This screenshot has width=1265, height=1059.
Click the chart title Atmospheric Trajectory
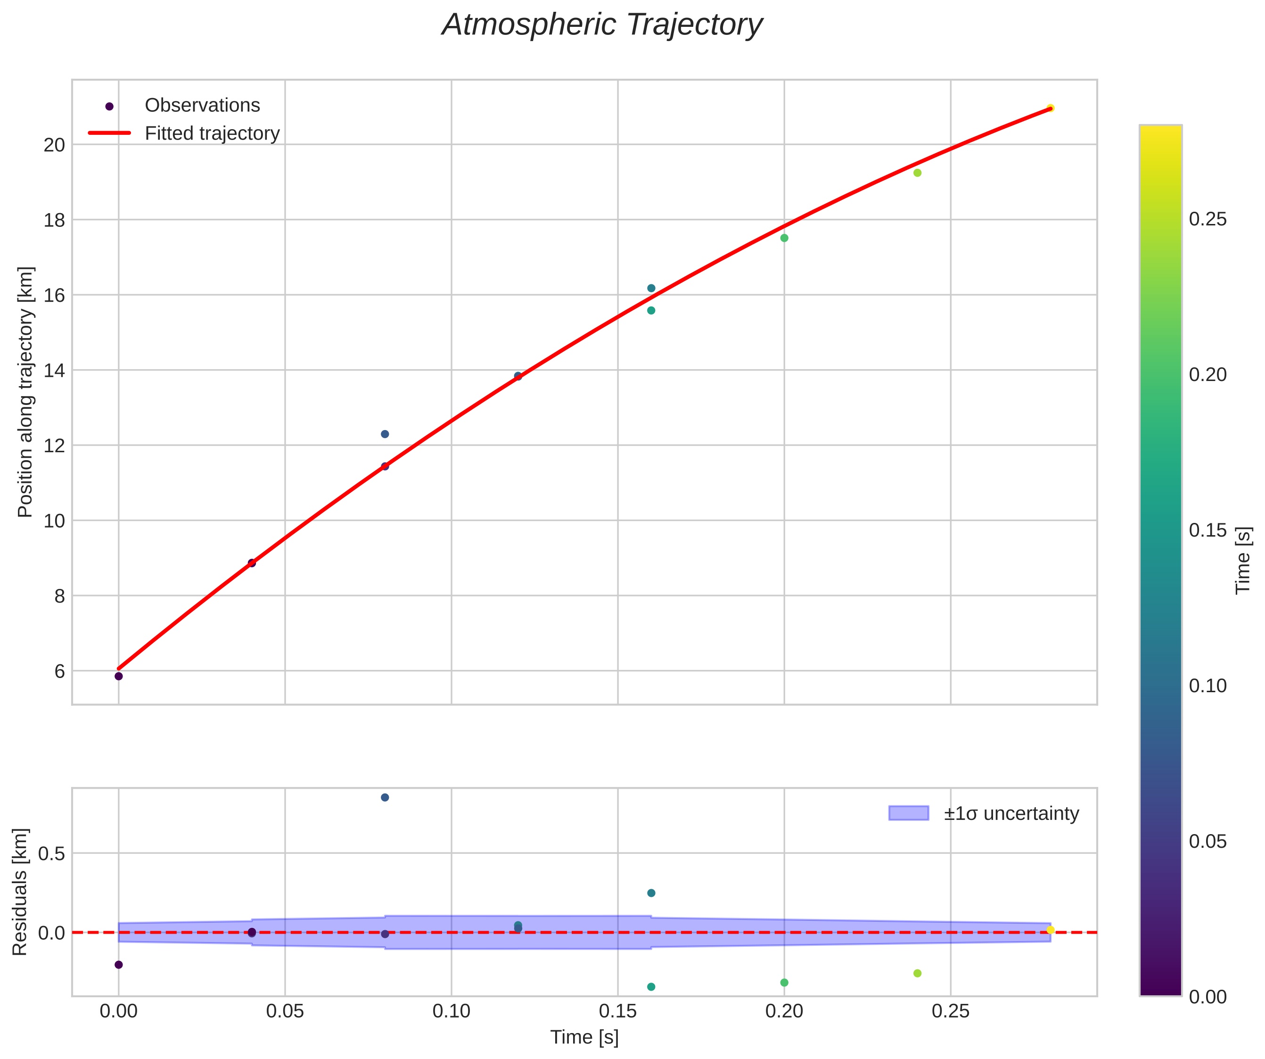click(602, 25)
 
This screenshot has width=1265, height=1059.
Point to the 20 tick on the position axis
click(54, 145)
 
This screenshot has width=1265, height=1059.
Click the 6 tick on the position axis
click(59, 671)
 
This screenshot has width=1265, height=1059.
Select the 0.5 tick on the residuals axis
click(51, 853)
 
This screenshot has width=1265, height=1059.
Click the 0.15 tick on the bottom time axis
click(617, 1012)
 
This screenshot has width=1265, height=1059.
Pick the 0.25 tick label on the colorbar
click(1207, 219)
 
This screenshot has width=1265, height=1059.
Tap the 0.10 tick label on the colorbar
click(1207, 686)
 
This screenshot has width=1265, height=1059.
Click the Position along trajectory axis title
click(25, 392)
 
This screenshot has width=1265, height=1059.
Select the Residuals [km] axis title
click(20, 892)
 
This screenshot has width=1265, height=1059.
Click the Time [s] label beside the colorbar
click(1243, 561)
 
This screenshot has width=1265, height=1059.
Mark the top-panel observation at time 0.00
click(119, 676)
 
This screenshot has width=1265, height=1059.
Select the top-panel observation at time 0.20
click(784, 238)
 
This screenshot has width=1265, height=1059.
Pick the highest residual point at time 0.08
click(385, 797)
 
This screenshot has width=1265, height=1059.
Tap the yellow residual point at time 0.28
click(1051, 930)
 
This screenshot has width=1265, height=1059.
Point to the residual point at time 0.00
click(119, 964)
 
